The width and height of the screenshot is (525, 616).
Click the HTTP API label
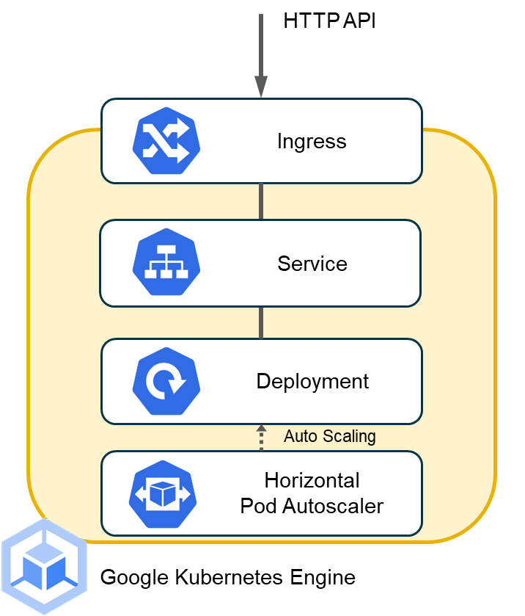(329, 21)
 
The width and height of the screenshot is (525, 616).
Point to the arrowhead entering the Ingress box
(261, 87)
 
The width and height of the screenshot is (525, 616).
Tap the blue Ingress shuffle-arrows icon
(166, 140)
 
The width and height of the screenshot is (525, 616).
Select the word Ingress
(312, 141)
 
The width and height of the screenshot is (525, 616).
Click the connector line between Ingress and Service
(261, 201)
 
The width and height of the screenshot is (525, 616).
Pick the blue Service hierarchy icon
(166, 263)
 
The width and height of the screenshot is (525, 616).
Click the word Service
(312, 263)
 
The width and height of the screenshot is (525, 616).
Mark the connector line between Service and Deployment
(261, 322)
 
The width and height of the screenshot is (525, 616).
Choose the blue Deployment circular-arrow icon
(166, 382)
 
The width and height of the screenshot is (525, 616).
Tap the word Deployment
(312, 382)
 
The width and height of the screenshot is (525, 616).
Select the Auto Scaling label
(330, 436)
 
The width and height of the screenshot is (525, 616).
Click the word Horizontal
(312, 481)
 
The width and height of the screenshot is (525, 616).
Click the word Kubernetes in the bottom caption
(227, 577)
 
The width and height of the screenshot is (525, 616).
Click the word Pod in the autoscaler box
(257, 506)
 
